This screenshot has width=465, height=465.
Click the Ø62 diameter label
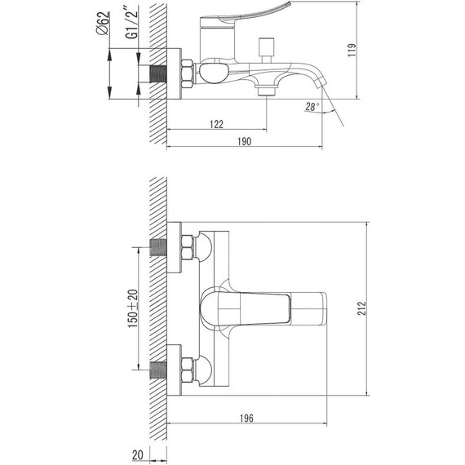coord(103,24)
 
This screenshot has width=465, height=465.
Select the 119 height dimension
coord(352,50)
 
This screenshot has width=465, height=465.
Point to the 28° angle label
coord(312,107)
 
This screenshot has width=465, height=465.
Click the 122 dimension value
coord(216,124)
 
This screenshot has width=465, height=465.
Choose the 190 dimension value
coord(244,141)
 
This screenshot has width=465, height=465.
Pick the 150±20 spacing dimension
coord(133,308)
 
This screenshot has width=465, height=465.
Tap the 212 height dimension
coord(361,308)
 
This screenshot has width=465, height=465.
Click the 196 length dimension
coord(246,418)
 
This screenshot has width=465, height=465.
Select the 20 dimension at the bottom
coord(138,454)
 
